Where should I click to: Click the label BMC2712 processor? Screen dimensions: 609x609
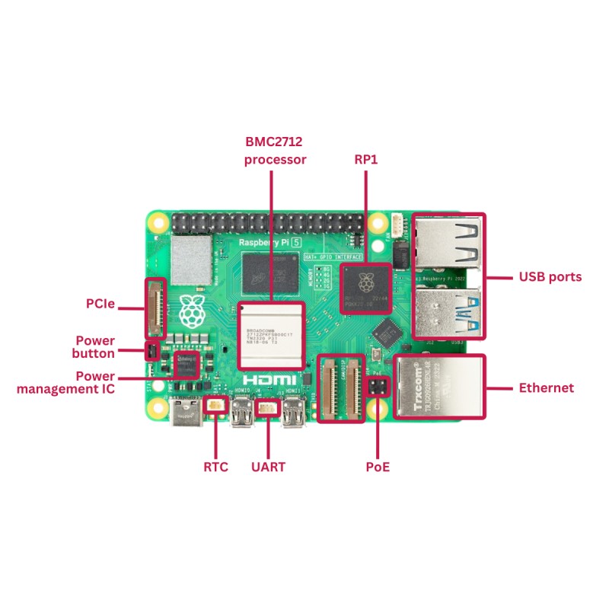(275, 151)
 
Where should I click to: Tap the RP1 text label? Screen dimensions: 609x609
(366, 160)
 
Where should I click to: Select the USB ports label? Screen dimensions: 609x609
(550, 277)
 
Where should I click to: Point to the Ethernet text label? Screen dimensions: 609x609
(546, 388)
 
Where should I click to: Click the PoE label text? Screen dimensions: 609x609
(378, 467)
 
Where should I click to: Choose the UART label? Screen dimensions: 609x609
(268, 467)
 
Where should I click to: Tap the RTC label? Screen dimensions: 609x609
(215, 467)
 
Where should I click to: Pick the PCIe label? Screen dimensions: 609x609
(100, 304)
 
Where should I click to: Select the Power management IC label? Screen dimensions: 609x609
(65, 382)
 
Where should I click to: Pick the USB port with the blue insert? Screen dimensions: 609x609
(448, 312)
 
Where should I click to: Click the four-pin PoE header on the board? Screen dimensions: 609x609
(377, 387)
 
